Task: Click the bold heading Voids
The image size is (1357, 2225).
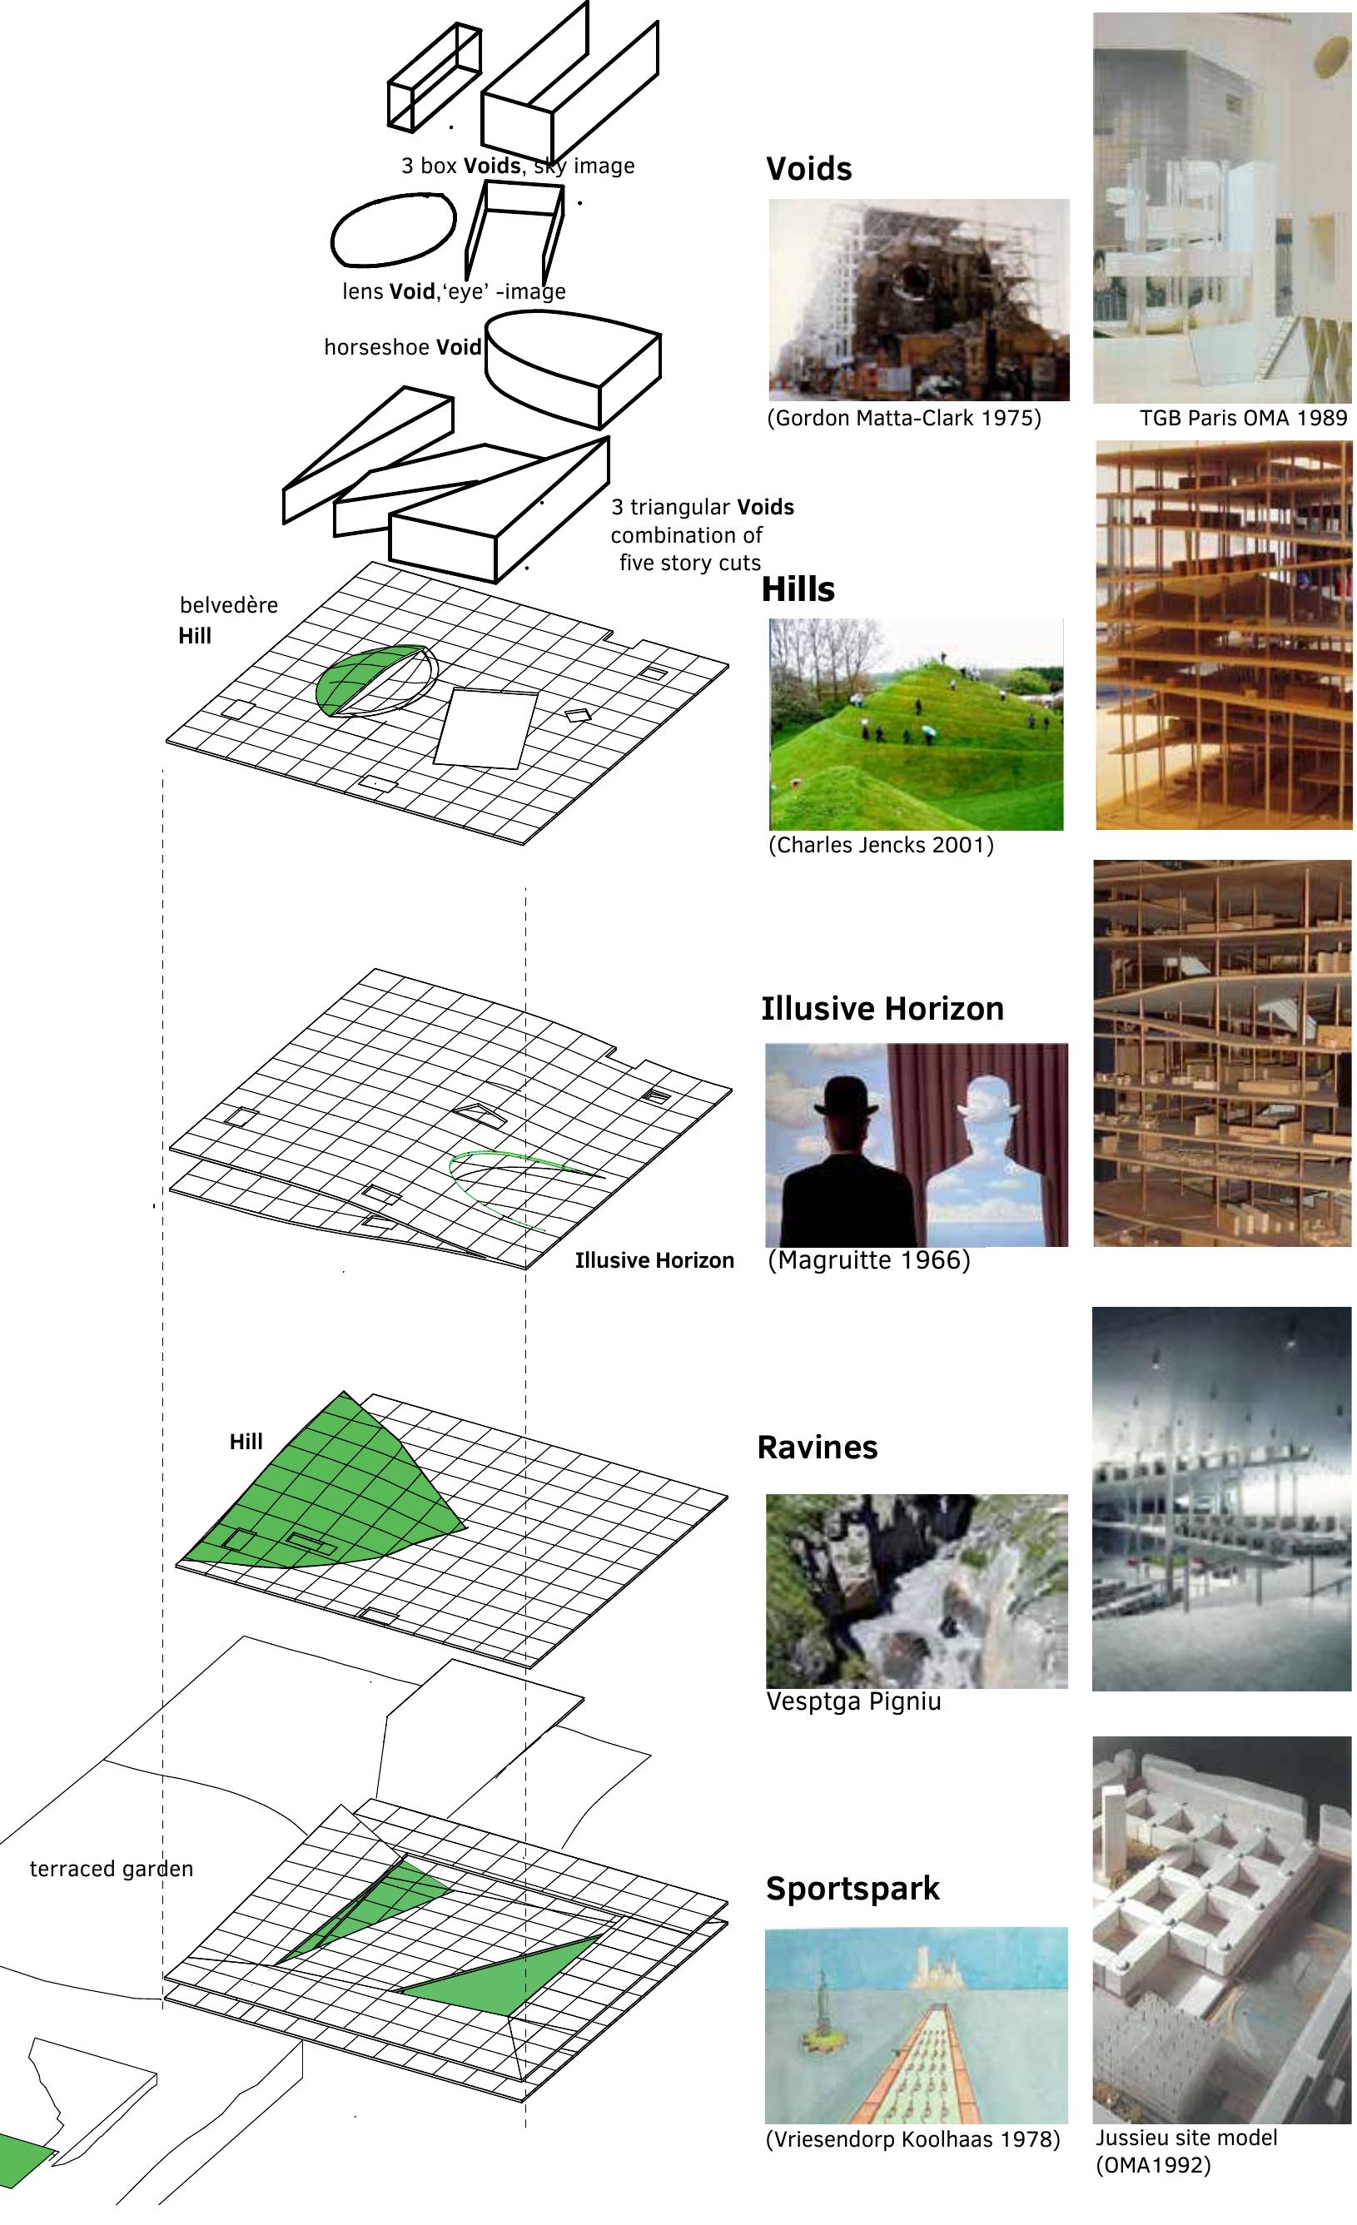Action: [808, 169]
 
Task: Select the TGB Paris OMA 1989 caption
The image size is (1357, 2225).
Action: [1242, 419]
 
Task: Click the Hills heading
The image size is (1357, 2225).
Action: [798, 589]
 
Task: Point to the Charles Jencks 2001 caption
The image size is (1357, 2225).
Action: [880, 846]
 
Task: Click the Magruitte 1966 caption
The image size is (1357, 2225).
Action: [868, 1260]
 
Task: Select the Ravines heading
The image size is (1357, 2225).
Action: [816, 1448]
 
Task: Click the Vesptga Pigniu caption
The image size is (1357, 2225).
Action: [853, 1702]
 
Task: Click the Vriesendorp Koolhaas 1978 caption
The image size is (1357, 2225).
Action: [912, 2140]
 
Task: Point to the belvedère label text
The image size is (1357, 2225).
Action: [228, 606]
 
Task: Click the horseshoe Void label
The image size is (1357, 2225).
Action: [402, 349]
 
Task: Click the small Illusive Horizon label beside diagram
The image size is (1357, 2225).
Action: [654, 1261]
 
